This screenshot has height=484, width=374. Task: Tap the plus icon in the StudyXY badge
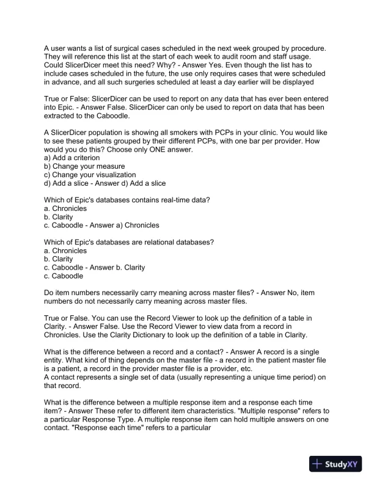317,463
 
